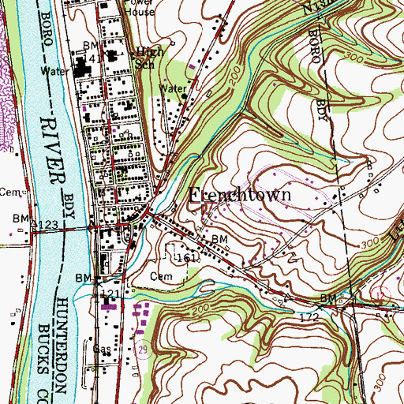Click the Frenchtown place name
(x=241, y=194)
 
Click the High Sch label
(x=150, y=58)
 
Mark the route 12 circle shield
(x=382, y=294)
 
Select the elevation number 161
(x=185, y=258)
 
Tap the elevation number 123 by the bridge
(x=46, y=226)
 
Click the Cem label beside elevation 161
(x=160, y=277)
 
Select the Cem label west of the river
(x=8, y=191)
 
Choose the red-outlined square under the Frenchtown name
(x=208, y=210)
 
